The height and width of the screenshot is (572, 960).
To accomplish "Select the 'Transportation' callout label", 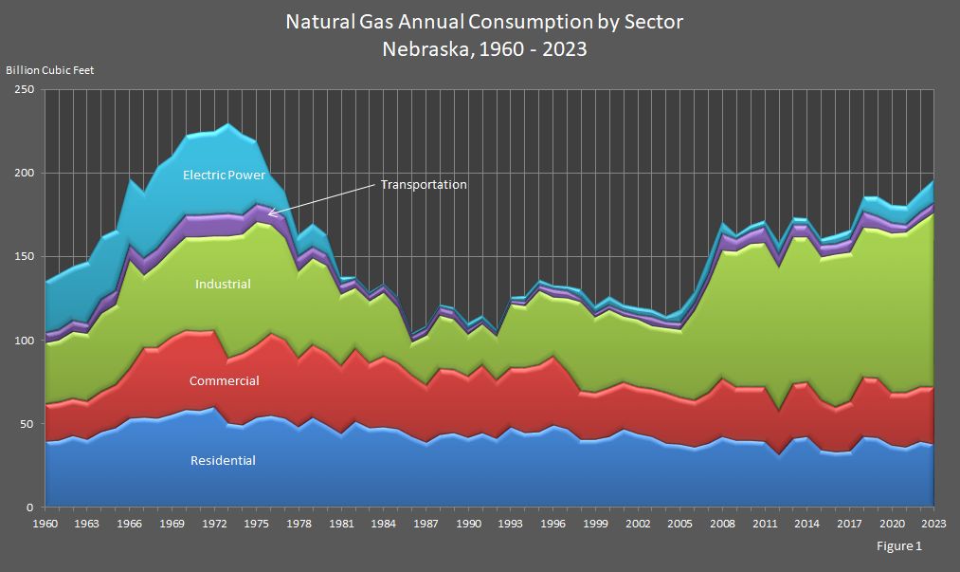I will (424, 185).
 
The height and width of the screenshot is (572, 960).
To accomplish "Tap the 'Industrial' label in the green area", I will (223, 284).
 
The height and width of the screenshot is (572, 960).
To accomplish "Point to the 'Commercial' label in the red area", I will (224, 381).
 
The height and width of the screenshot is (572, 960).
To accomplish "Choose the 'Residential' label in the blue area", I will (223, 461).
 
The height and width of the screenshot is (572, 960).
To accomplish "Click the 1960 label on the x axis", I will (45, 523).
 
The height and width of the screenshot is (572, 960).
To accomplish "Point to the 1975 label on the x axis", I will (257, 523).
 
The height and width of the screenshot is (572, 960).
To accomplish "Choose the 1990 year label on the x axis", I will (468, 523).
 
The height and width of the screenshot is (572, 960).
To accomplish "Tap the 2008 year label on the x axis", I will (722, 523).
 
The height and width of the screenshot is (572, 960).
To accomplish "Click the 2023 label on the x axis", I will (933, 523).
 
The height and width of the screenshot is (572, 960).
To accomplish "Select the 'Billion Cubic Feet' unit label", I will (50, 70).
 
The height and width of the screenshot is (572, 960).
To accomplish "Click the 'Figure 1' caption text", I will (899, 546).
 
